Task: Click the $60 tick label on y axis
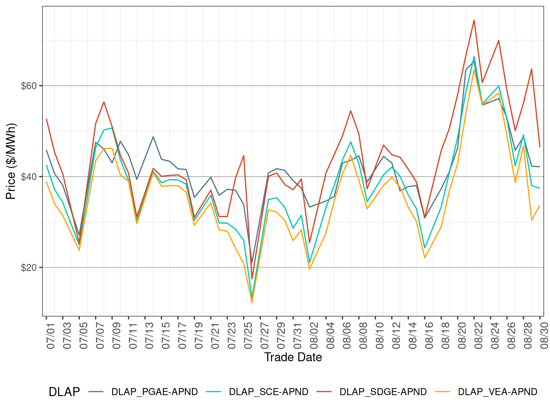point(29,86)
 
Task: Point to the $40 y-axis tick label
point(29,177)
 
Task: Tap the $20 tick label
point(29,268)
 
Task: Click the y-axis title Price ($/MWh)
point(11,161)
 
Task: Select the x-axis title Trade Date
point(293,357)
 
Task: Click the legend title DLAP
point(64,392)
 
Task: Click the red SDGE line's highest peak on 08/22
point(474,20)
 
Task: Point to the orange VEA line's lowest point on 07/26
point(252,302)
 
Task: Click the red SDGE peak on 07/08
point(104,102)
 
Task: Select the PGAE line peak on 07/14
point(153,136)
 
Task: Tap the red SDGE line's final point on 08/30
point(540,147)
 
